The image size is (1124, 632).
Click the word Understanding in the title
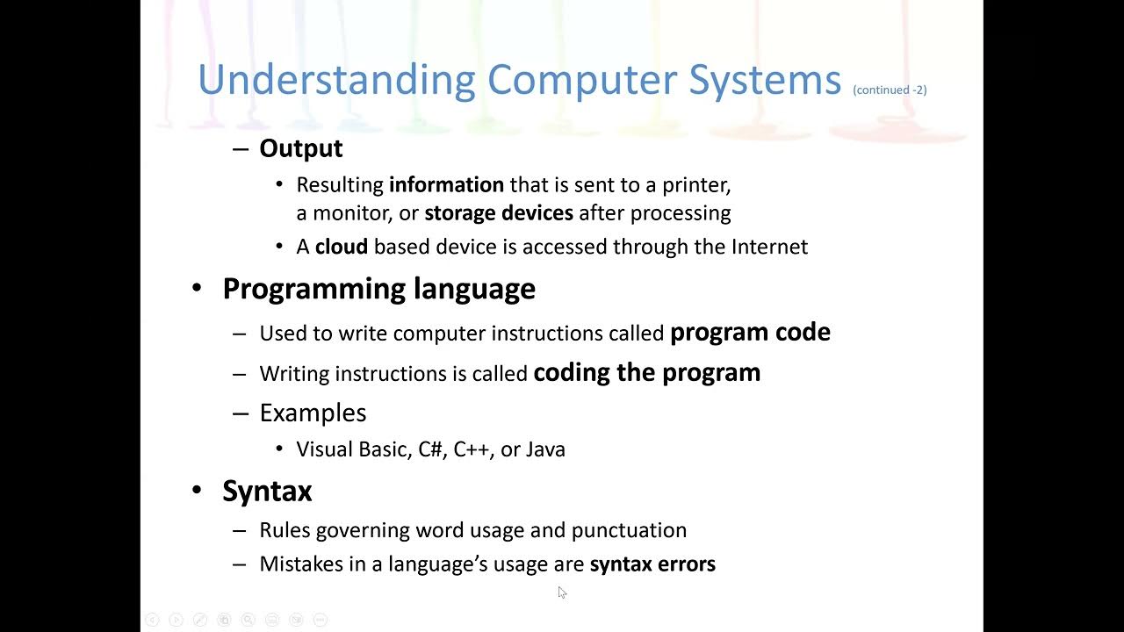336,81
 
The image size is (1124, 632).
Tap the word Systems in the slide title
765,81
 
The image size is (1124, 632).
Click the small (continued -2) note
890,90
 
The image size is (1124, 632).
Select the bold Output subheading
300,148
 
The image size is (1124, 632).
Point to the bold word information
446,185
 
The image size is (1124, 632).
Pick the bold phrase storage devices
499,213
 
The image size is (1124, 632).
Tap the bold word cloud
341,247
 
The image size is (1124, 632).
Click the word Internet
769,247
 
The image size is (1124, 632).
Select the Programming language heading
378,289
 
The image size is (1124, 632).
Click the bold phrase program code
750,332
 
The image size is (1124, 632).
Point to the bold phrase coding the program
647,372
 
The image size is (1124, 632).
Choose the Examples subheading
313,413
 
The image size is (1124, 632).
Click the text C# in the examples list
430,449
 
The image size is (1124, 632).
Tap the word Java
545,449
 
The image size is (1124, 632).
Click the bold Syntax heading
267,491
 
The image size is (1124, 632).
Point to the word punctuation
629,530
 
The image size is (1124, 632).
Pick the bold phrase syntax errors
652,564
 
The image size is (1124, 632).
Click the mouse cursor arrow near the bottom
562,592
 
